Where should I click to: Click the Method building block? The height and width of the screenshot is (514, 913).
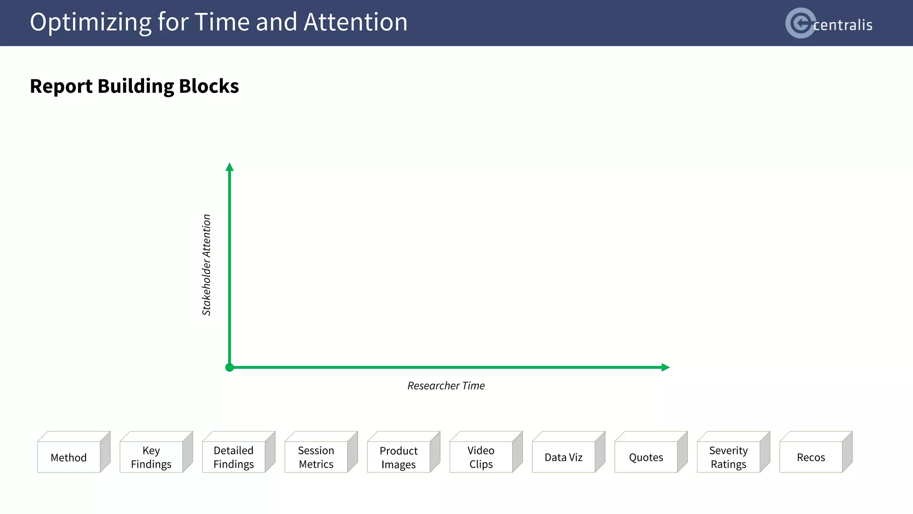tap(69, 457)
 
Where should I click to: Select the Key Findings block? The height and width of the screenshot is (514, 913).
tap(151, 457)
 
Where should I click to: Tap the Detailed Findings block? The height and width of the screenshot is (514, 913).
tap(234, 457)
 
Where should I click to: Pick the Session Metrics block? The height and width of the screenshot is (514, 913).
tap(316, 457)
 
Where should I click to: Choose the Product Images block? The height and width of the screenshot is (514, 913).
tap(399, 457)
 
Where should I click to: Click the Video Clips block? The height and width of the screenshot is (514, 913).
tap(481, 457)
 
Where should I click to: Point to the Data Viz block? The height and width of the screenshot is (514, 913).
tap(563, 457)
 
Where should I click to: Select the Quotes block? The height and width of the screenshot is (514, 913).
tap(646, 457)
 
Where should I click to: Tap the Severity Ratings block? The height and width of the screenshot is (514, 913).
tap(728, 457)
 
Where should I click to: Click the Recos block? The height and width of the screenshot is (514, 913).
tap(811, 457)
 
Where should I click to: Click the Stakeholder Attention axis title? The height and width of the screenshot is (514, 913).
tap(206, 265)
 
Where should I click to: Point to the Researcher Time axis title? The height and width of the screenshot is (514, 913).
tap(446, 385)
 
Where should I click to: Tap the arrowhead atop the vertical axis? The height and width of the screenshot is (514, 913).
tap(230, 167)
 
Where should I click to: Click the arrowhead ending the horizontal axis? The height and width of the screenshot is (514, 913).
tap(665, 367)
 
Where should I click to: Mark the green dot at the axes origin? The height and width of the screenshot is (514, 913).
tap(230, 367)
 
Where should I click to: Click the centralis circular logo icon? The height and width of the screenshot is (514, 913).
tap(800, 23)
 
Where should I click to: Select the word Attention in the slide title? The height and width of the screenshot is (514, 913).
tap(355, 22)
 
